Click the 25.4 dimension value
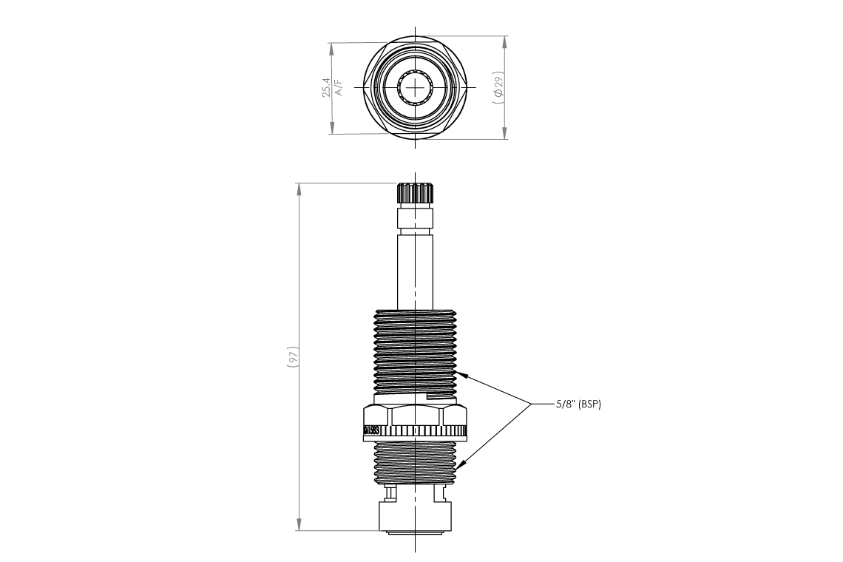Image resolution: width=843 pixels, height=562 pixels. pos(325,87)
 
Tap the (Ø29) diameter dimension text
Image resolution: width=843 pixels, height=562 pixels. pos(498,87)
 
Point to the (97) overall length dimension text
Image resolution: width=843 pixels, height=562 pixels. pos(292,356)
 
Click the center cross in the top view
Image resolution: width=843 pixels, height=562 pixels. pos(416,87)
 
